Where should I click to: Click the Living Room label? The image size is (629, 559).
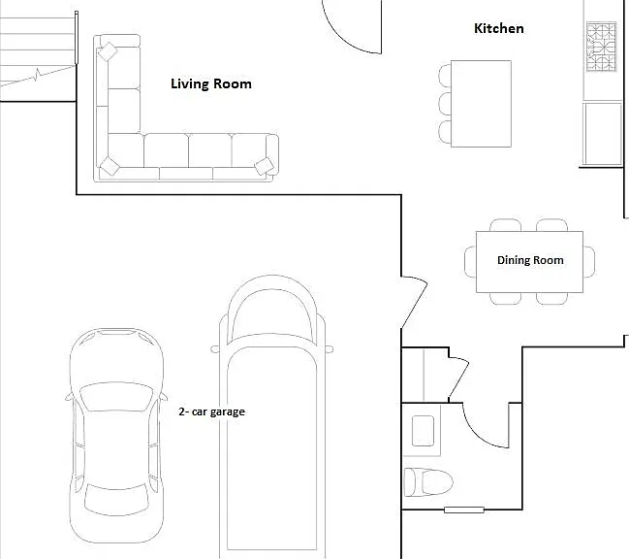coord(211,83)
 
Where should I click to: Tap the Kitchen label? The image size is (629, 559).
coord(498,28)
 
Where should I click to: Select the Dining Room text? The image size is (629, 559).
coord(530,260)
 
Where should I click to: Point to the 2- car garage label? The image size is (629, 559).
coord(212,411)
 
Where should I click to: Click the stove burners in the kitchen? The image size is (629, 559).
coord(601,47)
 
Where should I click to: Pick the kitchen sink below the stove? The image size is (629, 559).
coord(603,134)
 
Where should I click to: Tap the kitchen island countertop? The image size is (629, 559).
coord(481,104)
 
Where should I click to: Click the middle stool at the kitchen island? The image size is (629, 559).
coord(445,104)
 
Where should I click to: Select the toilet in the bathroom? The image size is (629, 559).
coord(427,481)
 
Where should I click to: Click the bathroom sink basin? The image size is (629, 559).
coord(423,431)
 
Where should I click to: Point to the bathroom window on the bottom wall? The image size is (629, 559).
coord(463,510)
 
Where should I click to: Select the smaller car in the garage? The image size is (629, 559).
coord(116,436)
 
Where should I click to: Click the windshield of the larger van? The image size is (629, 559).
coord(272,315)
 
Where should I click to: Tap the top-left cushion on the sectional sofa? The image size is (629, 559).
coord(108,51)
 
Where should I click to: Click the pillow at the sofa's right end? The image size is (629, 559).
coord(265,166)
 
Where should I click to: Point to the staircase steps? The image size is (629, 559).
coord(37,50)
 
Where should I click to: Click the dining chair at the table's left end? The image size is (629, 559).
coord(470,262)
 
